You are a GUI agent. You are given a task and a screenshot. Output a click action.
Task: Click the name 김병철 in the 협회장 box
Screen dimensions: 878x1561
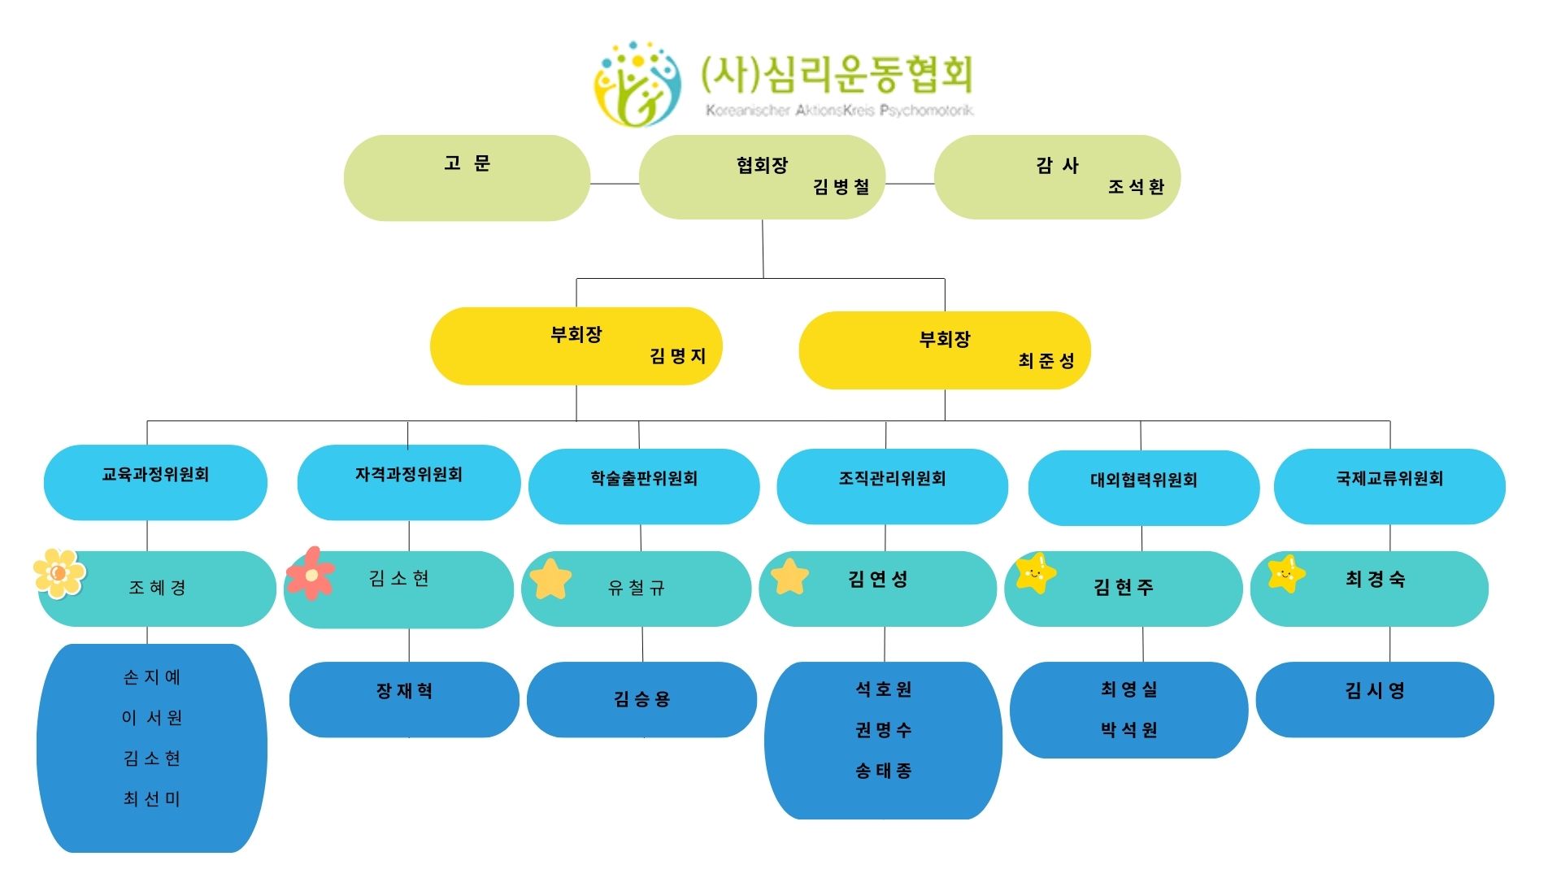click(x=841, y=187)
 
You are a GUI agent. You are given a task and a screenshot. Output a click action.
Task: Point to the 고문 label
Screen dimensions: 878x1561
click(x=467, y=163)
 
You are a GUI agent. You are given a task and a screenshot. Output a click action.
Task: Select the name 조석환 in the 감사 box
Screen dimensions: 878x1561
click(x=1136, y=187)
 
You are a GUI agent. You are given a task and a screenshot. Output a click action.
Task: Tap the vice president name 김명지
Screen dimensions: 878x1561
click(x=677, y=356)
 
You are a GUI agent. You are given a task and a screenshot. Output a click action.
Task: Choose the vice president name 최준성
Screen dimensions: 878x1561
click(x=1046, y=361)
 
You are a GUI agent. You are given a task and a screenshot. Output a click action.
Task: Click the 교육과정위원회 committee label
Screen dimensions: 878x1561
click(x=155, y=475)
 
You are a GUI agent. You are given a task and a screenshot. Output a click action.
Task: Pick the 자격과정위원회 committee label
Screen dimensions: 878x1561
click(x=408, y=475)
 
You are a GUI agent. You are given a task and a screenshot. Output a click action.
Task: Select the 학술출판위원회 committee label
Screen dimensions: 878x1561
click(x=644, y=479)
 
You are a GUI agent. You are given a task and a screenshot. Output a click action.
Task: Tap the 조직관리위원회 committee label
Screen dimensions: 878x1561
click(x=892, y=479)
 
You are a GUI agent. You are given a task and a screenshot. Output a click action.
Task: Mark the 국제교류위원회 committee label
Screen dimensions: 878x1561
click(x=1389, y=479)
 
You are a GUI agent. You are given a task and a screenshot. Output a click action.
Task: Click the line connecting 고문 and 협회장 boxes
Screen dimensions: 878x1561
click(x=615, y=184)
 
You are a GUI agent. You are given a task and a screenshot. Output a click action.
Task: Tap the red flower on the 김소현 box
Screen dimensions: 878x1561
click(x=311, y=573)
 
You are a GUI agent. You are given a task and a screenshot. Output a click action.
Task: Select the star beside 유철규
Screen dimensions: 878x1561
click(x=550, y=579)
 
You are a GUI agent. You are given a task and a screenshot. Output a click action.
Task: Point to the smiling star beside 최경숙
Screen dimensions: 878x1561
click(x=1286, y=574)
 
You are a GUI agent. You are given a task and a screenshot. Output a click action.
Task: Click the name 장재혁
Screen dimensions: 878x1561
click(x=404, y=691)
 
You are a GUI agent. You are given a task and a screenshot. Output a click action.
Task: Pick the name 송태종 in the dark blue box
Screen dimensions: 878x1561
click(x=884, y=771)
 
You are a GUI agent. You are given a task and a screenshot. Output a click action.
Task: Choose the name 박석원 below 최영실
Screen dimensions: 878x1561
click(x=1129, y=730)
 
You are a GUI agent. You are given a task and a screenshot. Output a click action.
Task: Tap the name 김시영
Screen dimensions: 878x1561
click(x=1375, y=691)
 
